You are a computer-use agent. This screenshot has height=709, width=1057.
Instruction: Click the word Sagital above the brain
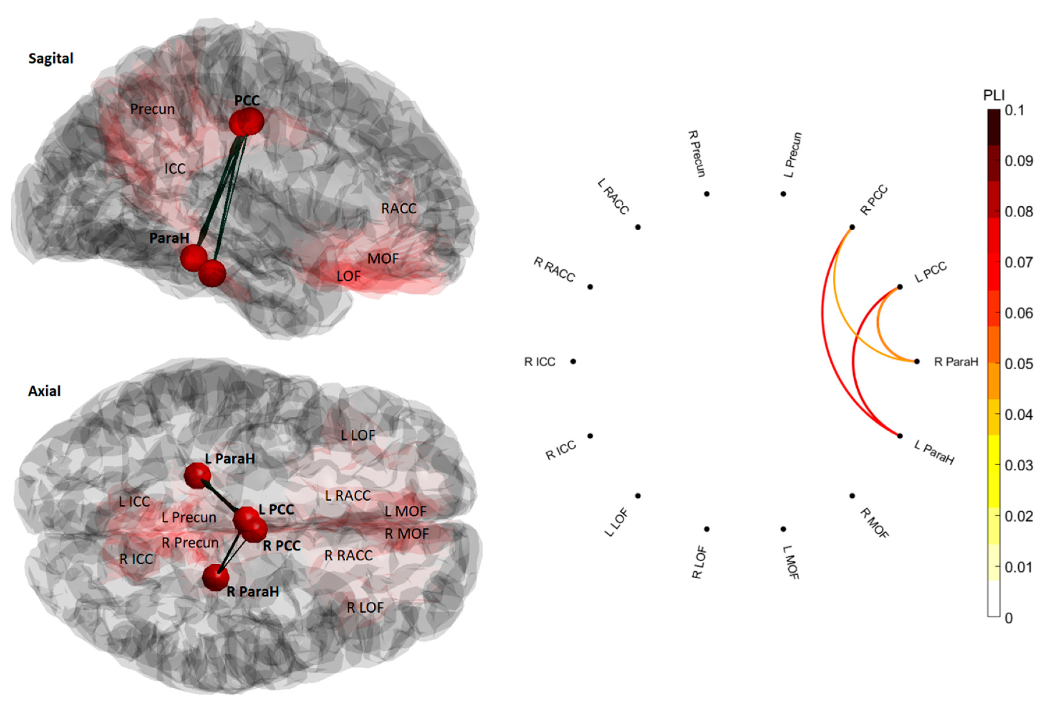coord(51,58)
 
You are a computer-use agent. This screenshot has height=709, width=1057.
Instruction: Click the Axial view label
coord(44,391)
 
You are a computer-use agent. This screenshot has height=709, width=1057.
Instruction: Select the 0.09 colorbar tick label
coord(1019,161)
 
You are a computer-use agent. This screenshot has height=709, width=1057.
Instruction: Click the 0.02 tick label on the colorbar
coord(1019,516)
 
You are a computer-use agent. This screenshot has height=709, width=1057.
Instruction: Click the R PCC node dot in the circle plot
coord(852,227)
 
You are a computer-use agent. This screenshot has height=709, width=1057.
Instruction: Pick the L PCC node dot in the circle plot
coord(900,287)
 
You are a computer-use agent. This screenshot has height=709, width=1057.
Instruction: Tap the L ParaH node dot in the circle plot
coord(900,436)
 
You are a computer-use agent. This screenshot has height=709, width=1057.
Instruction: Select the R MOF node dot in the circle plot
coord(852,496)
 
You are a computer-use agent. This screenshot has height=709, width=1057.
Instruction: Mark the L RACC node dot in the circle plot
coord(638,227)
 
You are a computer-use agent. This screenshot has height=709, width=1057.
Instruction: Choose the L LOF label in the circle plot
coord(616,523)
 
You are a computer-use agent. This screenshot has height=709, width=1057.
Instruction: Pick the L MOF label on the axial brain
coord(405,511)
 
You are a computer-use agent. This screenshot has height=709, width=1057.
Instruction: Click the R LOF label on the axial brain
coord(365,607)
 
